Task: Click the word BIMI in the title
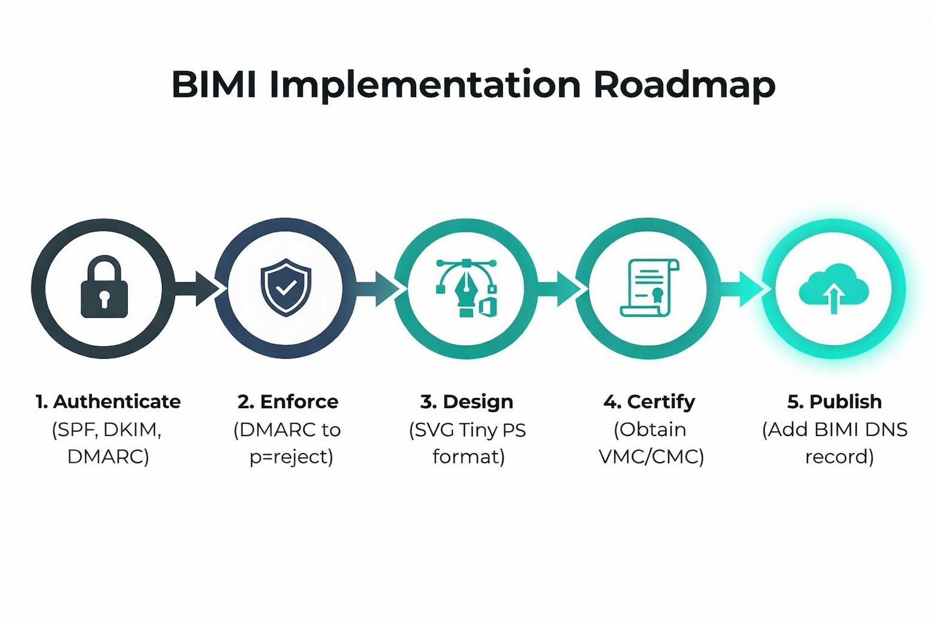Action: tap(214, 84)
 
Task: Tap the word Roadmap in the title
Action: tap(684, 84)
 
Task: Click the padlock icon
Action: tap(104, 287)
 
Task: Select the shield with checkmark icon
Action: tap(285, 287)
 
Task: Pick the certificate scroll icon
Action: tap(649, 287)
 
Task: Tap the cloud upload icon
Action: tap(833, 289)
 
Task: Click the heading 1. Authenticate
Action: tap(108, 401)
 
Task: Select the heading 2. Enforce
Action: tap(288, 401)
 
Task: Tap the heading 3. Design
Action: tap(467, 401)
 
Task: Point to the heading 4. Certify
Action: tap(649, 401)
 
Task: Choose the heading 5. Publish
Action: tap(834, 401)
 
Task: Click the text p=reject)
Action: tap(291, 457)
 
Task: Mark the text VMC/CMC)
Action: tap(651, 457)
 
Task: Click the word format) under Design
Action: tap(468, 457)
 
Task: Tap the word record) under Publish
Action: tap(839, 457)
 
